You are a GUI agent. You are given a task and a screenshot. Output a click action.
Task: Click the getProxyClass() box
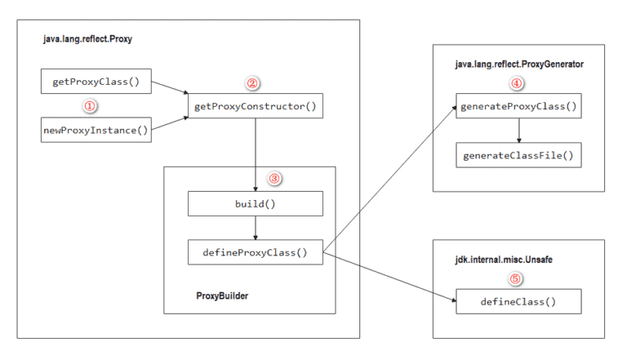click(96, 82)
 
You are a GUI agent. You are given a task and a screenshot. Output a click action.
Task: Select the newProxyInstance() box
click(96, 130)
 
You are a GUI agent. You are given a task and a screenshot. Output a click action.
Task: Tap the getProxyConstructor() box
click(256, 106)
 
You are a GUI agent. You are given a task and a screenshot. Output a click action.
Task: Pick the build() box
click(256, 203)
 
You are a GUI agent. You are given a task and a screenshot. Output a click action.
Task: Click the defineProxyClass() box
click(256, 251)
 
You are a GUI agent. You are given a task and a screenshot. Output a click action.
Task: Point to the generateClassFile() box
click(518, 155)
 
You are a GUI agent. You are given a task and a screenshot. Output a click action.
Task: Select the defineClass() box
click(518, 301)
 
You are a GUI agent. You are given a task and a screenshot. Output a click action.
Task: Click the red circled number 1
click(91, 105)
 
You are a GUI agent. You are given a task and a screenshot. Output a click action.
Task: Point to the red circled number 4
click(517, 84)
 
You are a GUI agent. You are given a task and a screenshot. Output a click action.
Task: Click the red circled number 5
click(514, 278)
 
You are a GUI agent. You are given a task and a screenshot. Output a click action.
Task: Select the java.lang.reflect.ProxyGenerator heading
click(518, 64)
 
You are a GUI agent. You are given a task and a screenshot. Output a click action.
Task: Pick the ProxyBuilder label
click(222, 296)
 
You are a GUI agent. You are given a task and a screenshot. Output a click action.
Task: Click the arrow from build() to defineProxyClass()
click(256, 227)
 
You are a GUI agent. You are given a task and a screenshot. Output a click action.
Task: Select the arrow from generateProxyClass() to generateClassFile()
click(518, 131)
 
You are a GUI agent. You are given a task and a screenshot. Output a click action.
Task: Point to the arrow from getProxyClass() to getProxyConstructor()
click(170, 90)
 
